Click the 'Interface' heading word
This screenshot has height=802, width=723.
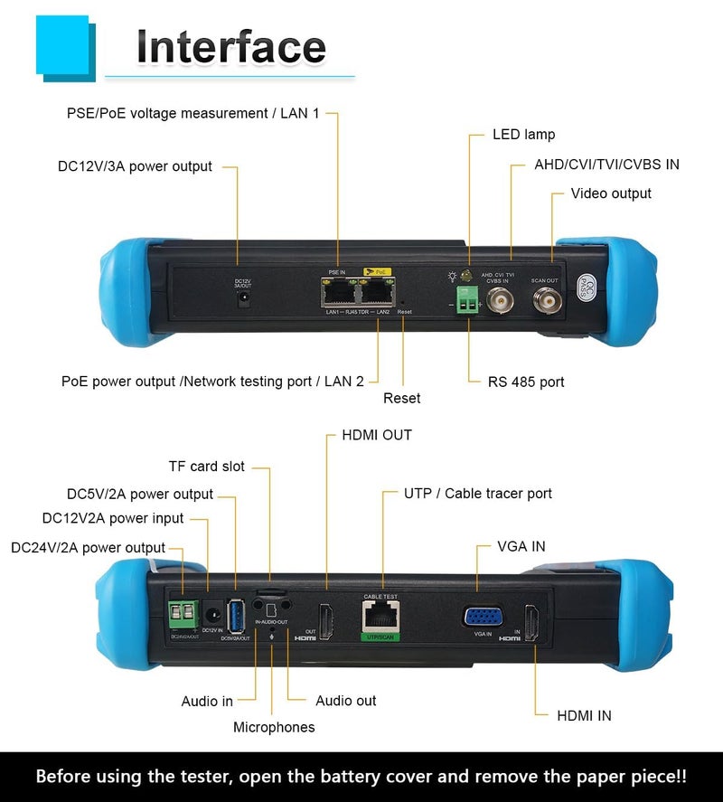pyautogui.click(x=230, y=47)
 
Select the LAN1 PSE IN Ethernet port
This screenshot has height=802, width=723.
pyautogui.click(x=338, y=290)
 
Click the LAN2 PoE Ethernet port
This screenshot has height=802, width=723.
pyautogui.click(x=375, y=290)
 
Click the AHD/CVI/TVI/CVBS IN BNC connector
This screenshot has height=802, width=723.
pyautogui.click(x=498, y=303)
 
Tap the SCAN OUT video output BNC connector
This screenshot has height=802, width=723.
pyautogui.click(x=545, y=303)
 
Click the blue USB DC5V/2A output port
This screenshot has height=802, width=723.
pyautogui.click(x=235, y=616)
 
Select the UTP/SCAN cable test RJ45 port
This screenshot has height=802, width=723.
pyautogui.click(x=380, y=617)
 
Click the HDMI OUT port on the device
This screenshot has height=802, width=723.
pyautogui.click(x=327, y=619)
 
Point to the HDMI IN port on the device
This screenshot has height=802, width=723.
pyautogui.click(x=533, y=624)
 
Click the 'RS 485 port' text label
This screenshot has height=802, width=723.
pyautogui.click(x=527, y=382)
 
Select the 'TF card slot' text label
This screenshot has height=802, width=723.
pyautogui.click(x=207, y=467)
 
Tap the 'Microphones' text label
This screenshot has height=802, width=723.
pyautogui.click(x=274, y=727)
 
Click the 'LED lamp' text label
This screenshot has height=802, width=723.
pyautogui.click(x=523, y=135)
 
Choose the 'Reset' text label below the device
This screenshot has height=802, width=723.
pyautogui.click(x=401, y=398)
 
